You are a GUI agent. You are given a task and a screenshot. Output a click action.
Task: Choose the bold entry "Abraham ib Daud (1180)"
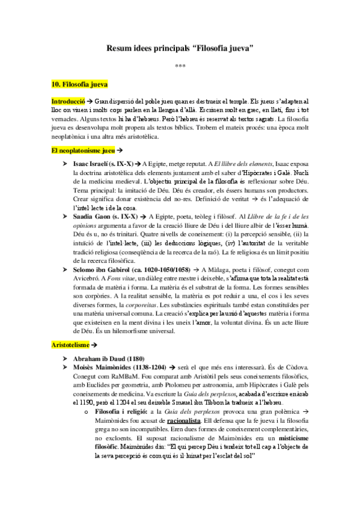tap(112, 358)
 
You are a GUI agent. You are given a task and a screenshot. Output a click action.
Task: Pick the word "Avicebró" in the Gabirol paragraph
tap(85, 280)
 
